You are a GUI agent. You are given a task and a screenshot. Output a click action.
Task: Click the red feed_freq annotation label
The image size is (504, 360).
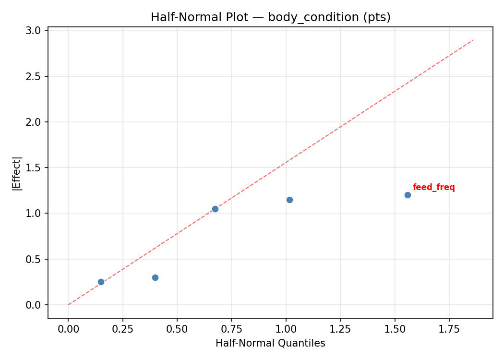(433, 188)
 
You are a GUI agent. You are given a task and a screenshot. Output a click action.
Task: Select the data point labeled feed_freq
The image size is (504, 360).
(408, 195)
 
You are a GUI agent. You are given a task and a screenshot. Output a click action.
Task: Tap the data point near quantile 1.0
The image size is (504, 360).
(289, 200)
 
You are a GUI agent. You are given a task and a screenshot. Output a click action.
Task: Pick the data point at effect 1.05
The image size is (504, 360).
(215, 209)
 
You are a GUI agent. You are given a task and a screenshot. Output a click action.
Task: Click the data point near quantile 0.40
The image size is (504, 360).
(155, 277)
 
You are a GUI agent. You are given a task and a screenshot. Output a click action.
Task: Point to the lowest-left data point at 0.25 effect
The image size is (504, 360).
(101, 282)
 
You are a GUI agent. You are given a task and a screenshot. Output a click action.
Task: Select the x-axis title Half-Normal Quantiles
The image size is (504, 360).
(270, 343)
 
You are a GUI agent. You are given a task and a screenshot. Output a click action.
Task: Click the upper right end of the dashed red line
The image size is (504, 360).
(473, 40)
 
